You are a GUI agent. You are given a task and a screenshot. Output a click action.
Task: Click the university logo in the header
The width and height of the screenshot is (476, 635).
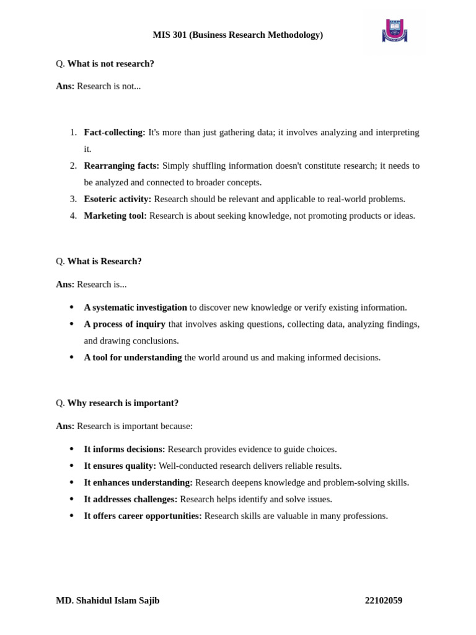[394, 30]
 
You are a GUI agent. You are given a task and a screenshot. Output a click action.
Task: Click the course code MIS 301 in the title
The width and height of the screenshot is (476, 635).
[169, 35]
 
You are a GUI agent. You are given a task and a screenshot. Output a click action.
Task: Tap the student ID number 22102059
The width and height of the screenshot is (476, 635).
[384, 600]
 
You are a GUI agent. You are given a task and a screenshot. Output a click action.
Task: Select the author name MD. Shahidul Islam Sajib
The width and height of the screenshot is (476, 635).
[108, 600]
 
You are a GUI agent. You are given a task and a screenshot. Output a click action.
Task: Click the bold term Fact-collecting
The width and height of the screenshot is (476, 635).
[115, 132]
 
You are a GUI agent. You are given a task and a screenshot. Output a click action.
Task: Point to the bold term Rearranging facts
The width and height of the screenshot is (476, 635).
[121, 166]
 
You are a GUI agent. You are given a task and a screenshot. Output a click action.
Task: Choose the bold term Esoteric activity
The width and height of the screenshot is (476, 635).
[118, 199]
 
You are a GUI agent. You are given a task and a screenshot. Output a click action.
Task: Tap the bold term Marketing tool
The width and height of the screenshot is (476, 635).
[115, 216]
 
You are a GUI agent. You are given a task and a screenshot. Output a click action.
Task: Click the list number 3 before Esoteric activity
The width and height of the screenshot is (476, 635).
[73, 199]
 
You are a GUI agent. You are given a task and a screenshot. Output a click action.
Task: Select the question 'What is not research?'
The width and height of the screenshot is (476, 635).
[111, 63]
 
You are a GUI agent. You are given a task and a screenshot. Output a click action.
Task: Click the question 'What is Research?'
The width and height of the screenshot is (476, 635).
[105, 261]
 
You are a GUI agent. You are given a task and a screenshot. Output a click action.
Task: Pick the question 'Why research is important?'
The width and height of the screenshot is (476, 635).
[123, 402]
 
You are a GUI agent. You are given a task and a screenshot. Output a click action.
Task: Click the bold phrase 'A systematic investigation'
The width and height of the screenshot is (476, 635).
[135, 307]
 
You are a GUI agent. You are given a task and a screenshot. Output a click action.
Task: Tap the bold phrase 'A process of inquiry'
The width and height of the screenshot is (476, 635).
[125, 324]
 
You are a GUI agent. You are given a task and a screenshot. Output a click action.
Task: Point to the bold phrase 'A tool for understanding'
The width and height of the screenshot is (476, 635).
[133, 357]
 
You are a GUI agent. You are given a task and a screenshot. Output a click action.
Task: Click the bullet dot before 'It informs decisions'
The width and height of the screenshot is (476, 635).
[72, 449]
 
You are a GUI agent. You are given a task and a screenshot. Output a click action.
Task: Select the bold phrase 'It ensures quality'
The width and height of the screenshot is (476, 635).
[120, 466]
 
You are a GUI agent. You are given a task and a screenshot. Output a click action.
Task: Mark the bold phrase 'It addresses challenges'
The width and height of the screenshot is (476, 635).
[131, 499]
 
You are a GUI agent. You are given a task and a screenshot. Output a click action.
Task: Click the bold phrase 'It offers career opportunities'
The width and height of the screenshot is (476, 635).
[143, 516]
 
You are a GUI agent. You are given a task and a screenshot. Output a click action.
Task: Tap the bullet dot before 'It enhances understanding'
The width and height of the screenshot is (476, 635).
[72, 482]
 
